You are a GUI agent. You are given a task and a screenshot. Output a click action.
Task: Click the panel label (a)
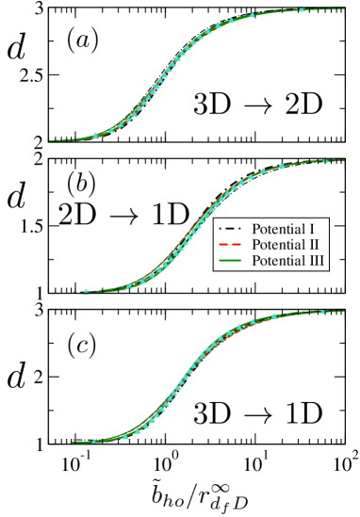pyautogui.click(x=84, y=40)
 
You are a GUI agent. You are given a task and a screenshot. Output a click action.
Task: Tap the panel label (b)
pyautogui.click(x=81, y=182)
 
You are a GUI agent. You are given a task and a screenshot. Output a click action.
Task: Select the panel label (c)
pyautogui.click(x=81, y=345)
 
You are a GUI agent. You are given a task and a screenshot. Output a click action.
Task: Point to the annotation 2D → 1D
pyautogui.click(x=123, y=214)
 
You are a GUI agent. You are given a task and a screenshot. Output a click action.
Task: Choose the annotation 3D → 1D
pyautogui.click(x=257, y=412)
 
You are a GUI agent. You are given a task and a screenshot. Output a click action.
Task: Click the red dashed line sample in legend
pyautogui.click(x=231, y=244)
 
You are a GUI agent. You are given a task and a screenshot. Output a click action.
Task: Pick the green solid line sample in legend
pyautogui.click(x=231, y=260)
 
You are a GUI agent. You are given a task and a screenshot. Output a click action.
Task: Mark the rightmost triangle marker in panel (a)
pyautogui.click(x=302, y=9)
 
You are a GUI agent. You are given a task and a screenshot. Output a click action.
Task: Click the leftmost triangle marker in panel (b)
pyautogui.click(x=86, y=291)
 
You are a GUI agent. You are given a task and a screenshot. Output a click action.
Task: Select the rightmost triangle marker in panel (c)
pyautogui.click(x=323, y=310)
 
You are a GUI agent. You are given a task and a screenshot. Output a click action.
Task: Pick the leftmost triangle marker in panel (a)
pyautogui.click(x=94, y=136)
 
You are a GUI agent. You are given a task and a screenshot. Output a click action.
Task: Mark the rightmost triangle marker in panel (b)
pyautogui.click(x=325, y=159)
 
